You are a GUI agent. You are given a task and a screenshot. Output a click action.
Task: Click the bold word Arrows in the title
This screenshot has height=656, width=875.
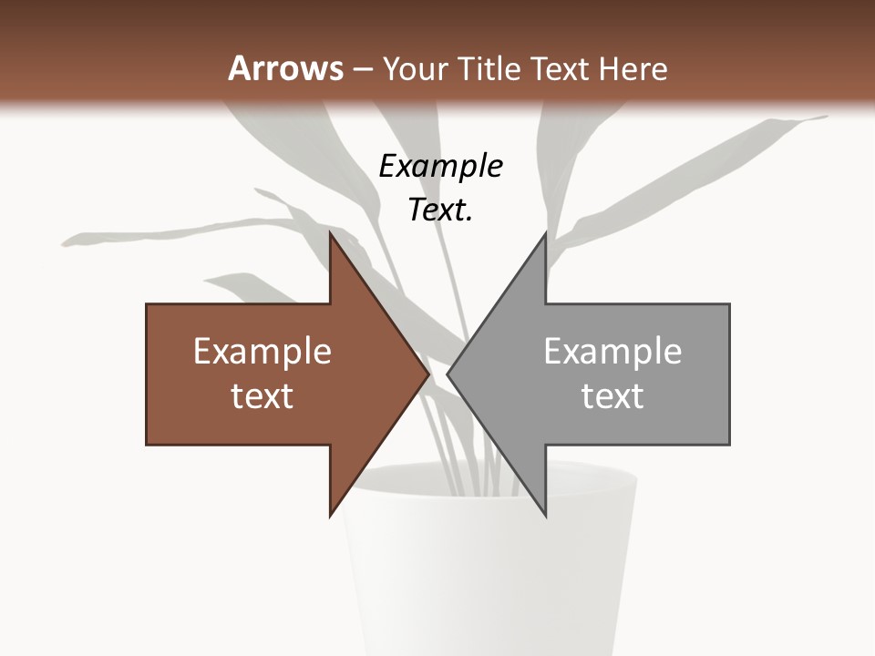tap(285, 68)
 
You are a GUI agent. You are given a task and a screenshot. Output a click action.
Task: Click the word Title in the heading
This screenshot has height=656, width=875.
tap(489, 68)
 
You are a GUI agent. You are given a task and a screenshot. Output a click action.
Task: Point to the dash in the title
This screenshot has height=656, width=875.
tap(362, 69)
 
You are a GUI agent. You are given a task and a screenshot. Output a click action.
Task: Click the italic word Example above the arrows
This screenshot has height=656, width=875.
tap(440, 166)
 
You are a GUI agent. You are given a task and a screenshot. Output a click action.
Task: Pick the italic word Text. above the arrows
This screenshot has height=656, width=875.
tap(440, 210)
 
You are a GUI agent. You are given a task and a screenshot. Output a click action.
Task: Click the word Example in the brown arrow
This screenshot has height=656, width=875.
tap(262, 351)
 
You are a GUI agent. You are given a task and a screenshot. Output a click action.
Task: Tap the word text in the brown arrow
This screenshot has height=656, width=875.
tap(262, 395)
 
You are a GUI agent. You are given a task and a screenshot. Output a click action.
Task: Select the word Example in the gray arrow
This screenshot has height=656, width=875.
tap(612, 351)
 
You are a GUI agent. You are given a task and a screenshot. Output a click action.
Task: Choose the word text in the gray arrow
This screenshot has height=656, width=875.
tap(612, 395)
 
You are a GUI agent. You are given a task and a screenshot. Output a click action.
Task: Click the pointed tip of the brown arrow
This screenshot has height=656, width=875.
tap(427, 374)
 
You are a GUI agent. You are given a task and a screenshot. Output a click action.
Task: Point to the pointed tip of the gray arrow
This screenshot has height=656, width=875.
tap(448, 374)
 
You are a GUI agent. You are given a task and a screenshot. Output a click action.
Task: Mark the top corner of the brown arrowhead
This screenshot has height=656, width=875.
tap(331, 234)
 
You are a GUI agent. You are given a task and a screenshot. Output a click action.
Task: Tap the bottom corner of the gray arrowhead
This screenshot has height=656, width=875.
tap(545, 515)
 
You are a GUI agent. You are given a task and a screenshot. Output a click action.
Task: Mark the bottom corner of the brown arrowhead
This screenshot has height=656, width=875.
tap(331, 515)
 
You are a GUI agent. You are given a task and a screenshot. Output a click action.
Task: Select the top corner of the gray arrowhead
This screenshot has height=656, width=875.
tap(545, 234)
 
